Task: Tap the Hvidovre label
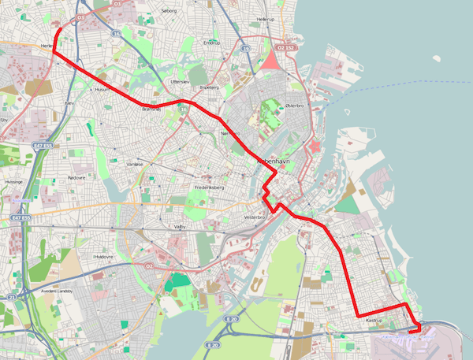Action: (104, 257)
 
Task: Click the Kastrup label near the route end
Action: (374, 321)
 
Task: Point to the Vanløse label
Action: (135, 163)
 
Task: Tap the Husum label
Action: (100, 90)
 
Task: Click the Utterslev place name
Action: (180, 81)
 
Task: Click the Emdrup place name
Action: (212, 43)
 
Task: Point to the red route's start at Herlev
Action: (61, 29)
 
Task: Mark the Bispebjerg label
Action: (210, 87)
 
